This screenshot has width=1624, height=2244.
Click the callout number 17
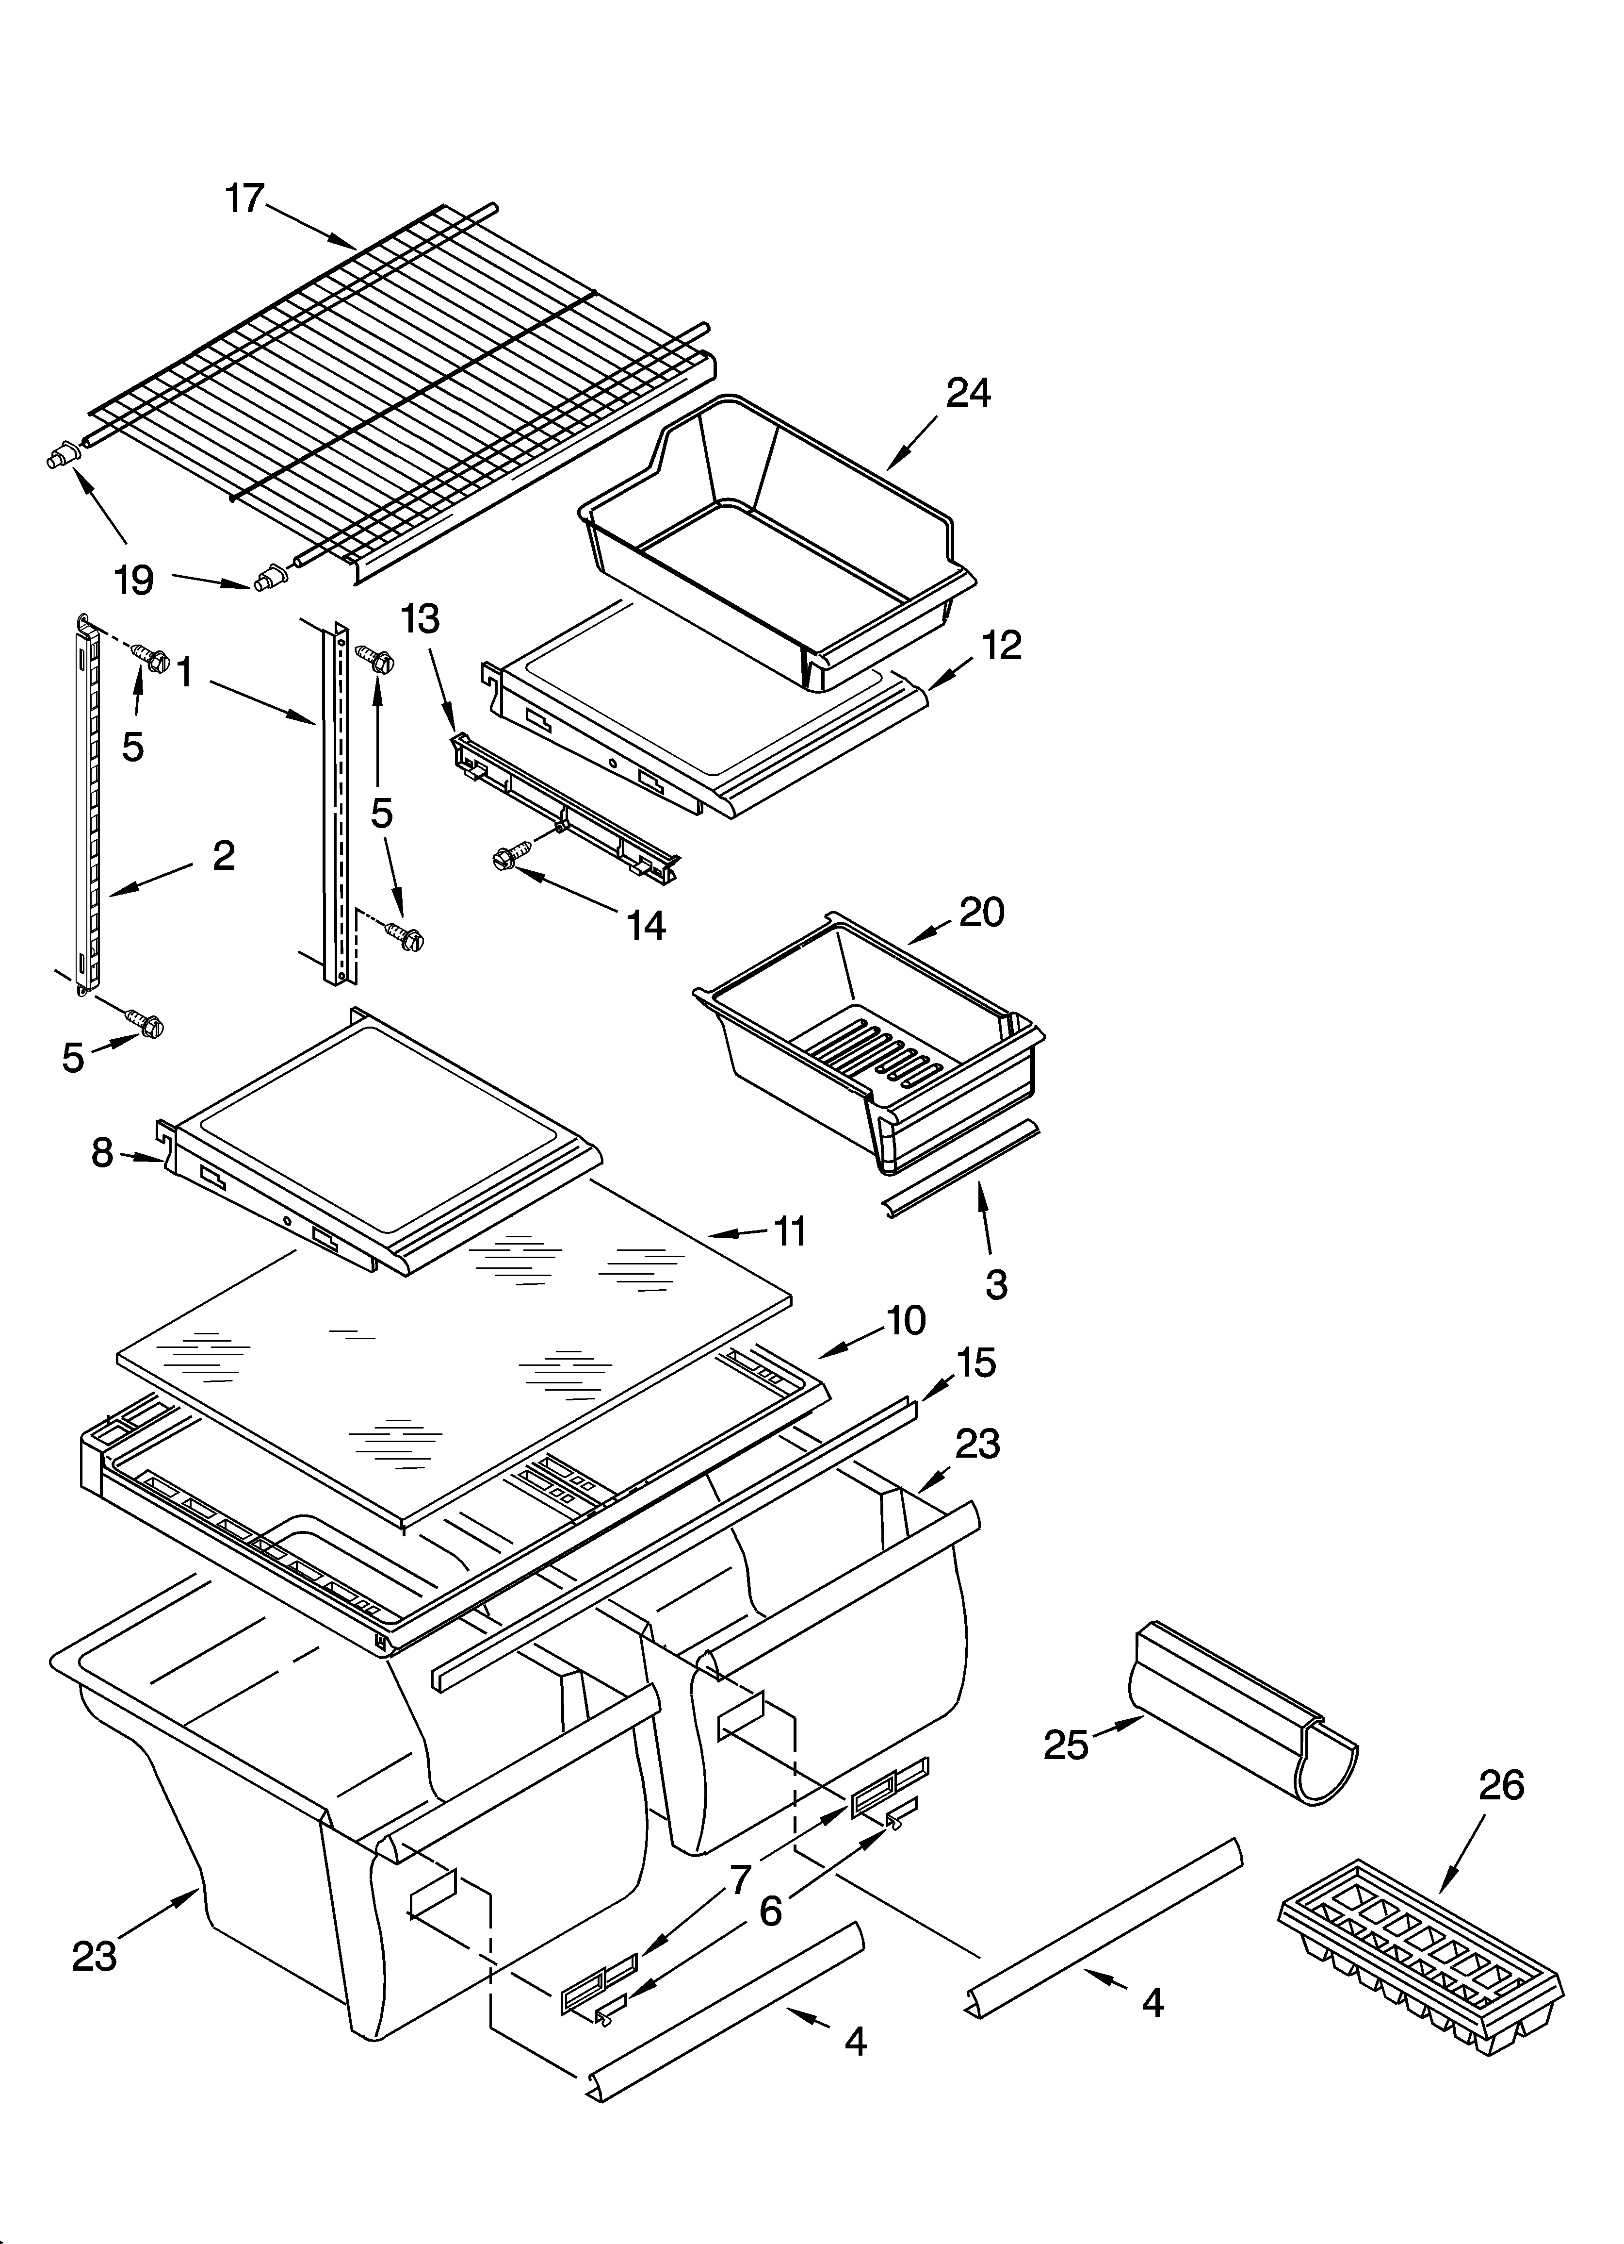pos(244,199)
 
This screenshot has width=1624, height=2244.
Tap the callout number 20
pos(981,911)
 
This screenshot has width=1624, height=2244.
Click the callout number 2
pos(224,855)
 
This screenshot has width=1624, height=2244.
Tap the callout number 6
pos(770,1912)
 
